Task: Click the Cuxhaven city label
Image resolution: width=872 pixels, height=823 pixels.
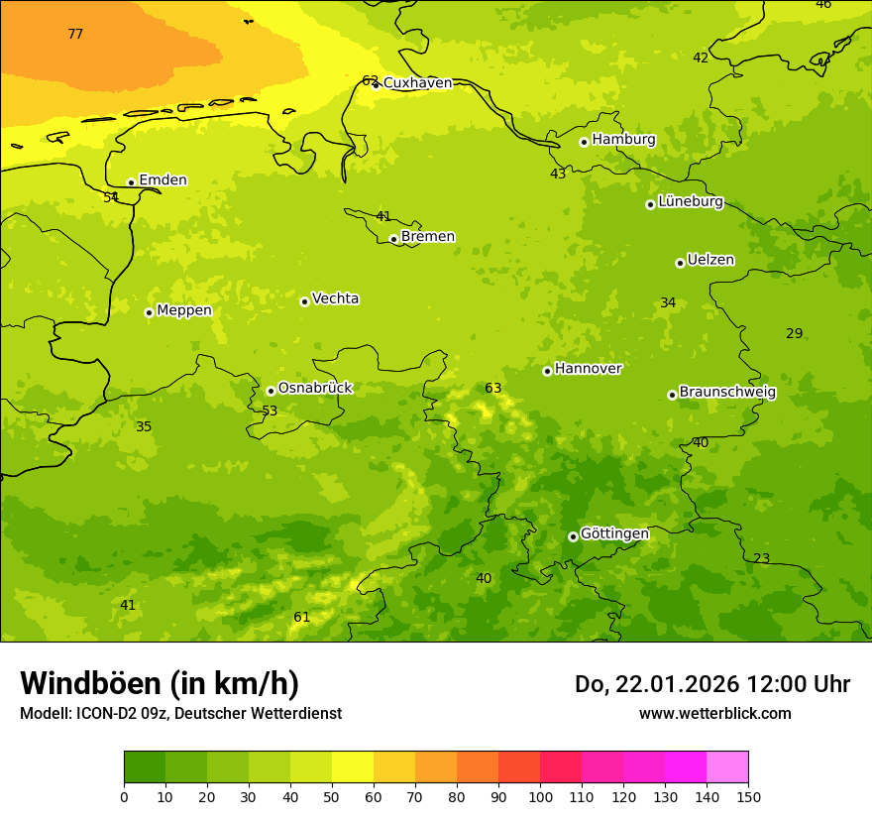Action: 417,82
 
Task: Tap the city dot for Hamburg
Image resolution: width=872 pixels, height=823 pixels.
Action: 584,142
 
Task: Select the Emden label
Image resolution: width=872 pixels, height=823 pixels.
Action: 163,179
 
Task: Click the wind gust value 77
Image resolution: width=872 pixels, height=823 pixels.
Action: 75,35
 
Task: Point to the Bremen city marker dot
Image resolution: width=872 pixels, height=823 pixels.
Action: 393,239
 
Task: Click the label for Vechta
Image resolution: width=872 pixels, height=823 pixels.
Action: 335,298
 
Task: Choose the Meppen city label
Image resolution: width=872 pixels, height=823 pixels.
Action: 183,310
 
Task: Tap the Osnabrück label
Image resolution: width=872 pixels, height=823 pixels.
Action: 314,388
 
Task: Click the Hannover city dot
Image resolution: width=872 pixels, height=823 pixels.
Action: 547,371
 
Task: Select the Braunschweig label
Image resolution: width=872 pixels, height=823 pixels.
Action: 727,392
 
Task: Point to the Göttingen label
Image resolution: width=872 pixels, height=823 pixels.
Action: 614,533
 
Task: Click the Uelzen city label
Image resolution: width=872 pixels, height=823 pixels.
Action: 710,260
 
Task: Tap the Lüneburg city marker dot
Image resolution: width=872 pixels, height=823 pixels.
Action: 650,204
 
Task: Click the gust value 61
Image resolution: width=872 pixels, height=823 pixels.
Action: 301,618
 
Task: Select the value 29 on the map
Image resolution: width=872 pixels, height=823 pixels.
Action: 794,333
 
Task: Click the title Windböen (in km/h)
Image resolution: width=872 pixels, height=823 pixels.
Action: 160,683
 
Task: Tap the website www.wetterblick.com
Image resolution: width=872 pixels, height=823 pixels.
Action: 714,713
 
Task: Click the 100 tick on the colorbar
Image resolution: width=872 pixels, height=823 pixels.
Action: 540,795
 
